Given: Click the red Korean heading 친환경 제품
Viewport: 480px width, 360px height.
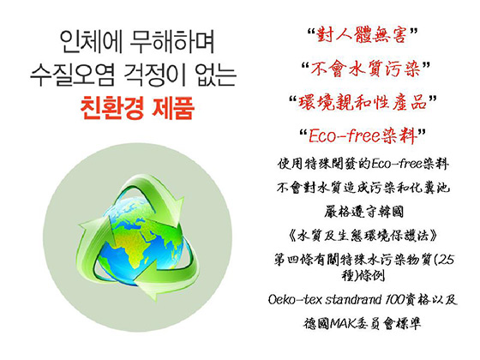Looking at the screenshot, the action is tap(137, 108).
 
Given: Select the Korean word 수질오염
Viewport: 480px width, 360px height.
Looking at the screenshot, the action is tap(73, 75).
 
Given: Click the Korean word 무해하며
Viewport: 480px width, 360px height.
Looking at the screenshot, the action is tap(172, 41).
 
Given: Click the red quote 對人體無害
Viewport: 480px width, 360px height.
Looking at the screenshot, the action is tap(362, 34).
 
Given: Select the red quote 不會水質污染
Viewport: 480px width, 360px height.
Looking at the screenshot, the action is tap(365, 69).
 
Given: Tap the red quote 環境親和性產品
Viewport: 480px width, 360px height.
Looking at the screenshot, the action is tap(363, 102).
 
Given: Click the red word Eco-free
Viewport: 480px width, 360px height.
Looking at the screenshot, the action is tap(344, 135).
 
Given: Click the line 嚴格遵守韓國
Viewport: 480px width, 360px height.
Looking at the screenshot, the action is tap(363, 212).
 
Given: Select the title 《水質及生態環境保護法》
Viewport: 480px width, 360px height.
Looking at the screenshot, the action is tap(363, 236).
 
